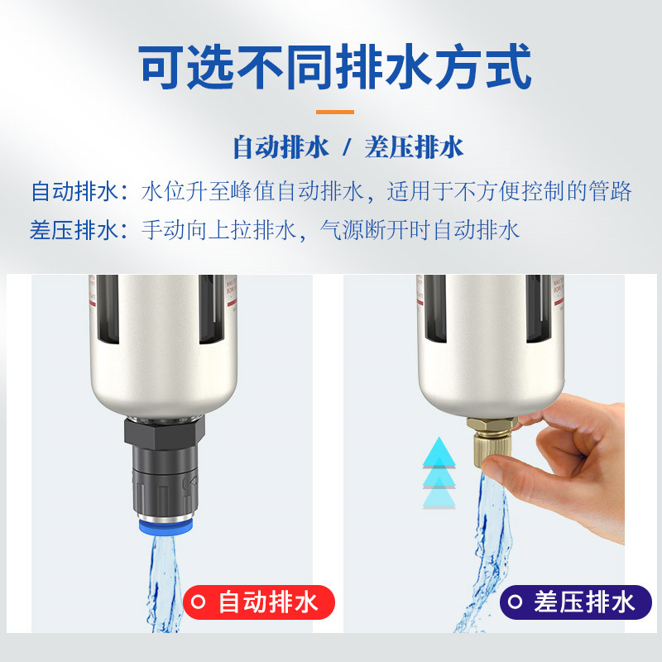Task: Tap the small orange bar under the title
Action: click(334, 112)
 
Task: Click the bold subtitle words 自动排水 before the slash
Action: click(281, 148)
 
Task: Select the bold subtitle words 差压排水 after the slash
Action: click(414, 148)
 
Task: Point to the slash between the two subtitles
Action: click(348, 148)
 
